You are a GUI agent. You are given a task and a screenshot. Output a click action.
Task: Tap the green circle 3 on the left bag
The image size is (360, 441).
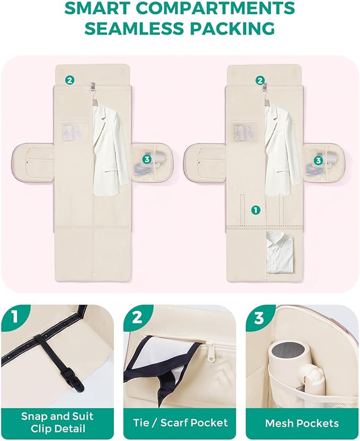(x=147, y=159)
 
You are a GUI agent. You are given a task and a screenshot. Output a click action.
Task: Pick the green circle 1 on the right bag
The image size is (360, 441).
(x=256, y=210)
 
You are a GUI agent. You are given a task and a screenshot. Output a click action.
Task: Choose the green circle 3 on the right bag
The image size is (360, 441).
(x=318, y=160)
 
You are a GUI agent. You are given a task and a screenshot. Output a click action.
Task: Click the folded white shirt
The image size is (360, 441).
(x=280, y=252)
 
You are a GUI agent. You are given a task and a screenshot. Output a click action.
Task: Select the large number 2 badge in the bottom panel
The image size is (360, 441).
(x=137, y=317)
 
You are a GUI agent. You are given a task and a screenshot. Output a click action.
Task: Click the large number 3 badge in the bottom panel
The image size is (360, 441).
(x=259, y=317)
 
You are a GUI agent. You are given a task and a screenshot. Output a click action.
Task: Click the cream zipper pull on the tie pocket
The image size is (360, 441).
(x=209, y=350)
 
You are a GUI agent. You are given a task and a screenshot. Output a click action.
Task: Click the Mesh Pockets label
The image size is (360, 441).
(x=302, y=423)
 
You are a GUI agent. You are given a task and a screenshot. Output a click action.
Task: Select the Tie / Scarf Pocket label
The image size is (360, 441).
(x=180, y=423)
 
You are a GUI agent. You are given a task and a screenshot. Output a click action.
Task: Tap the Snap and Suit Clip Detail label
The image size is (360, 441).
(x=57, y=422)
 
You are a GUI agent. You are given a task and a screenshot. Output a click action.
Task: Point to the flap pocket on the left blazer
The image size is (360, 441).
(x=111, y=170)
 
